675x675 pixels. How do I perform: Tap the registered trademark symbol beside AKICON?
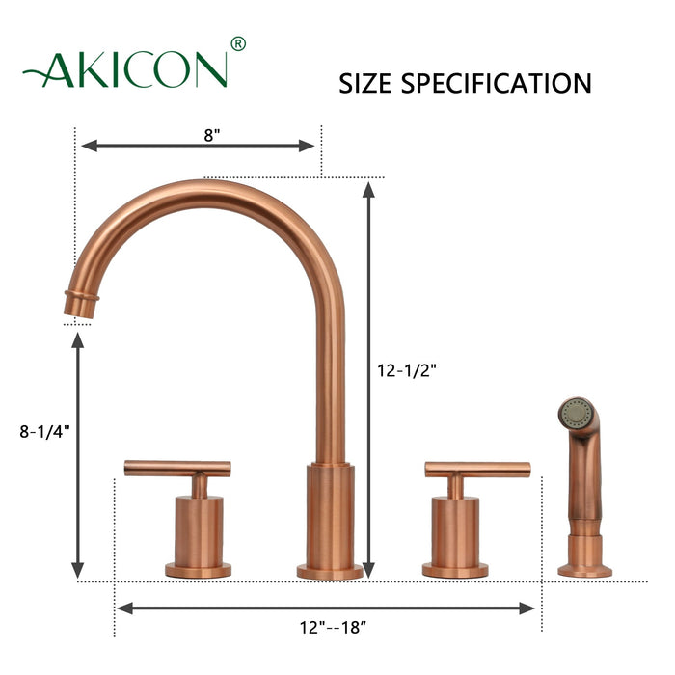[238, 43]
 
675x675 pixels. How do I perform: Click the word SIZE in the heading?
[365, 83]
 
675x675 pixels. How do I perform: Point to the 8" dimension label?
[212, 135]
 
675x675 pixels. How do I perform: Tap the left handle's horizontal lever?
[177, 469]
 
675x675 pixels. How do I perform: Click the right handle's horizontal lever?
[477, 470]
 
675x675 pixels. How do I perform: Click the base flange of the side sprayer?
[584, 571]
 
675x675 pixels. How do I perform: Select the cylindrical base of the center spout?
[330, 516]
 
